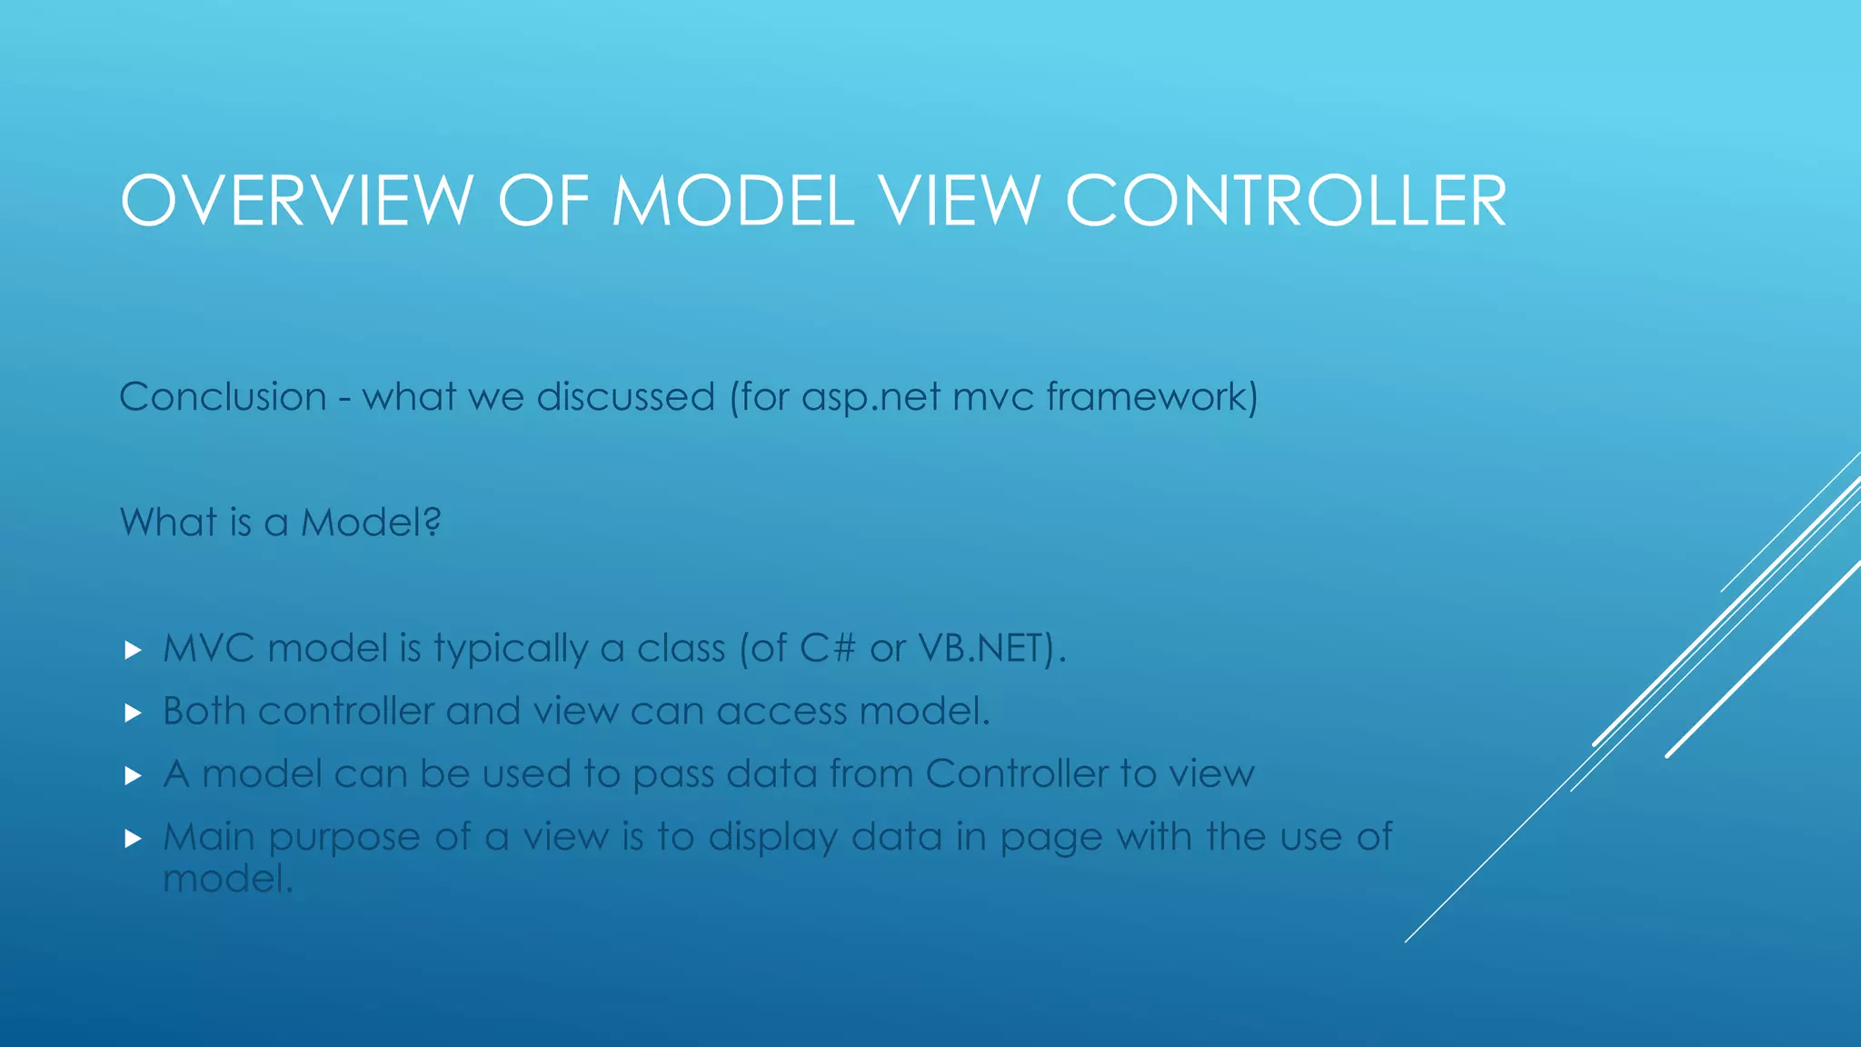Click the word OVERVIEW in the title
coord(296,201)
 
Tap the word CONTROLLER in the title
coord(1286,201)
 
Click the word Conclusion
coord(223,397)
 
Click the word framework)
coord(1152,397)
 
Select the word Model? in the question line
coord(371,523)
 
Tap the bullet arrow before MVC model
coord(133,650)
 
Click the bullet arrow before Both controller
coord(133,713)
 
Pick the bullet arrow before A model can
coord(133,775)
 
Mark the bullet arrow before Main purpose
coord(133,838)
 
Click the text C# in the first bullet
coord(828,649)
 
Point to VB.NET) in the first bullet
coord(990,649)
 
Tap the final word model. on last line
coord(228,879)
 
